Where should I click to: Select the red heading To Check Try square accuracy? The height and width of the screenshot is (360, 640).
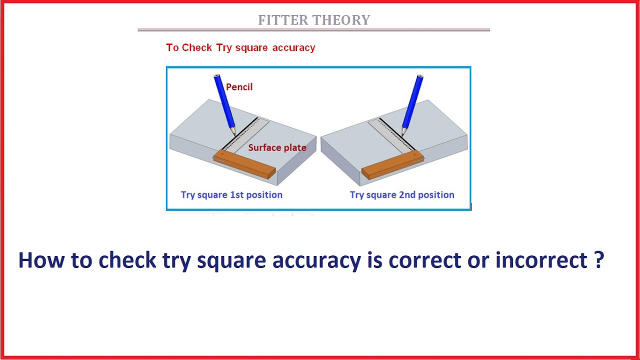coord(240,48)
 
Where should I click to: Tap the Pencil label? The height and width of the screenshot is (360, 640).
coord(239,87)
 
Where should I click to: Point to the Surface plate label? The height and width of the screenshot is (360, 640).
coord(277,147)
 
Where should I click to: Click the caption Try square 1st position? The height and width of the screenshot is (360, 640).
coord(231,195)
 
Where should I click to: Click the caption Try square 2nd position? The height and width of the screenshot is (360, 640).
coord(402,195)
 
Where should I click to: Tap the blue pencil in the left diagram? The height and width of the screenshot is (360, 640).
coord(224,102)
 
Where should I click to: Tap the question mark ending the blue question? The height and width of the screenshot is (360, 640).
coord(600,260)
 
